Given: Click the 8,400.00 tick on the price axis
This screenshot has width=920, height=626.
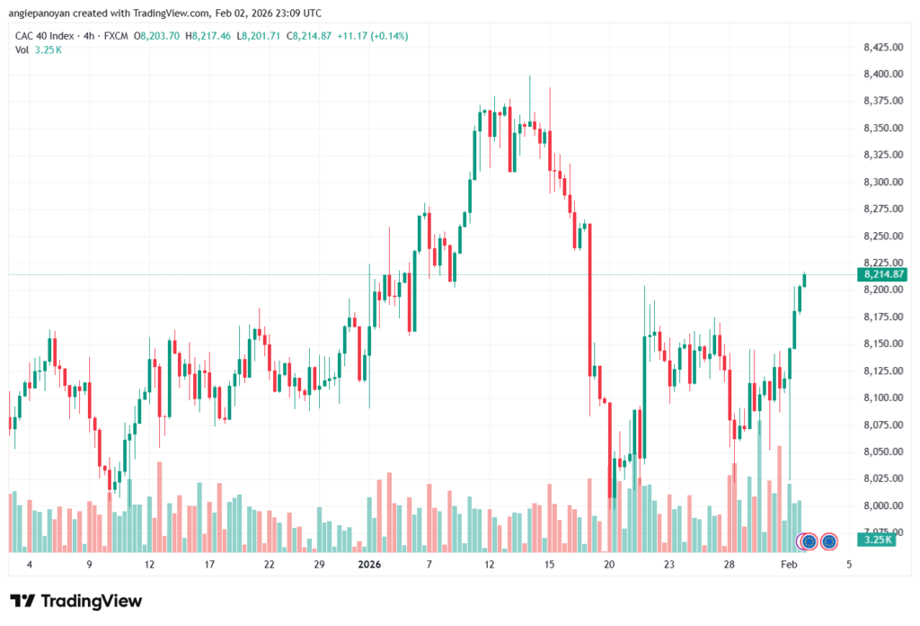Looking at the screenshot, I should (881, 74).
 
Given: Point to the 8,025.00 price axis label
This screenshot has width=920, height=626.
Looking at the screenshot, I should (881, 478).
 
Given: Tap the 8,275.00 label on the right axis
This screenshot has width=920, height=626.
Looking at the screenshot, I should (881, 209).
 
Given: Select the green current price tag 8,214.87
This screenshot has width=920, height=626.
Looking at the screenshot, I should (881, 274).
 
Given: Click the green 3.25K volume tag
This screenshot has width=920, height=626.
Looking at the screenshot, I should (874, 540).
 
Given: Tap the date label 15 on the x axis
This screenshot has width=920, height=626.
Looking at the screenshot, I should (549, 565).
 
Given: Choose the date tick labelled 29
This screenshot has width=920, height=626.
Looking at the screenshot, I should (319, 565).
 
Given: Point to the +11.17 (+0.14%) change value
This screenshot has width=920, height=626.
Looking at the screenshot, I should (371, 36).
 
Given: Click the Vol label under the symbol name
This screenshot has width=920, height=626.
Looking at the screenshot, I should (22, 49).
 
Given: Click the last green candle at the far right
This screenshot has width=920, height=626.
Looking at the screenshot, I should (805, 280).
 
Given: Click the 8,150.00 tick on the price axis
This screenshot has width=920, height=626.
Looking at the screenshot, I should (881, 344).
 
